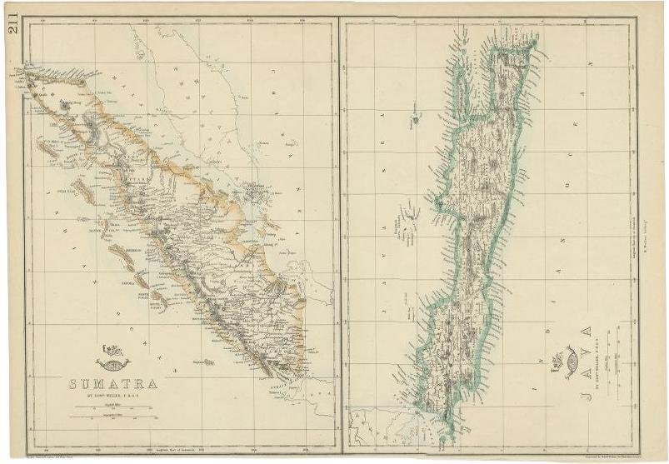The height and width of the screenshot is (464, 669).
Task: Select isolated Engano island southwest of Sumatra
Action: pyautogui.click(x=217, y=362)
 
